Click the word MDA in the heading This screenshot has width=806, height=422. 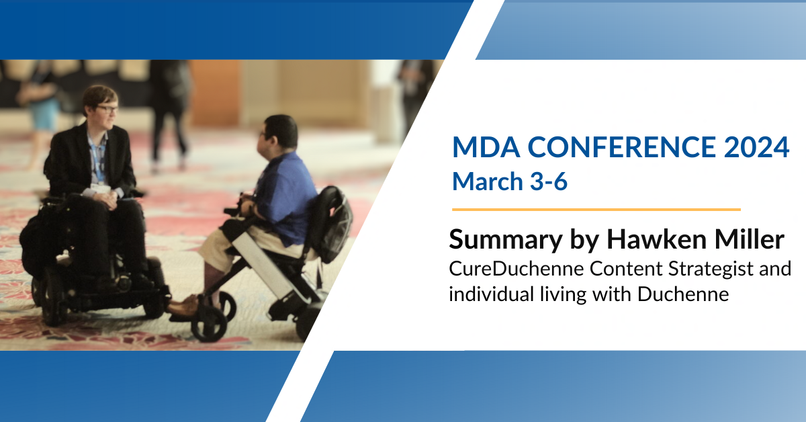point(486,147)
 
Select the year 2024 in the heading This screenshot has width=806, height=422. point(757,147)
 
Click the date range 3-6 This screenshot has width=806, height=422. point(549,181)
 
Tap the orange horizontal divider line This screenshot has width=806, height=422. point(596,209)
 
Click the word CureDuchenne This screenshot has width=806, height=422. point(516,269)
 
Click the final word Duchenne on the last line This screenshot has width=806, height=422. point(683,294)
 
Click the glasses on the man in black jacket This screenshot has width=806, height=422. point(107,109)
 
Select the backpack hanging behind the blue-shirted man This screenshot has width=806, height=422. point(331,223)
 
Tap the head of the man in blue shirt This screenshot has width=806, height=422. point(279,132)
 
